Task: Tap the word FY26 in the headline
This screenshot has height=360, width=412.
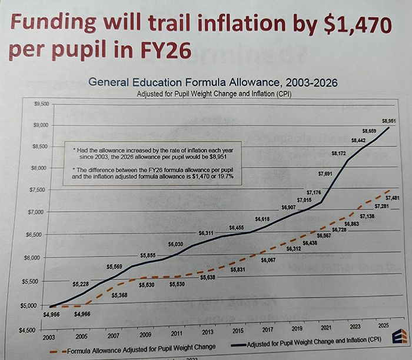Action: click(163, 50)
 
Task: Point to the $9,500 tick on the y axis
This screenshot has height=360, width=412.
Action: click(41, 104)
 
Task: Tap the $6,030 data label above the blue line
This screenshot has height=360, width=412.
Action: click(176, 244)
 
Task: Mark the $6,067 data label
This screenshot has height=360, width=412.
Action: click(268, 261)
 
